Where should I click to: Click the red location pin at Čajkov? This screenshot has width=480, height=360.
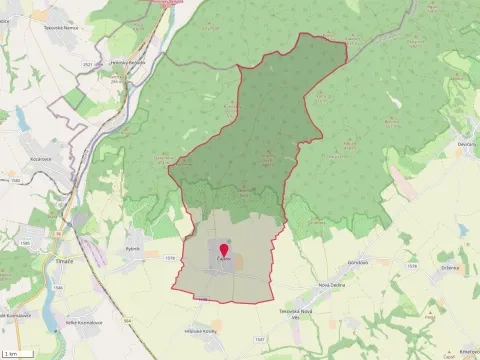pyautogui.click(x=223, y=251)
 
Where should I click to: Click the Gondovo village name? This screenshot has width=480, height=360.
pyautogui.click(x=359, y=262)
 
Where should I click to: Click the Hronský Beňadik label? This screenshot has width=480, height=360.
pyautogui.click(x=128, y=63)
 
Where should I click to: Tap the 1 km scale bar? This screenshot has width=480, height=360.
pyautogui.click(x=15, y=353)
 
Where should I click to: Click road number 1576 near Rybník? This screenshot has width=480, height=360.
pyautogui.click(x=168, y=258)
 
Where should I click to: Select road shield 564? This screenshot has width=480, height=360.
pyautogui.click(x=128, y=322)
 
